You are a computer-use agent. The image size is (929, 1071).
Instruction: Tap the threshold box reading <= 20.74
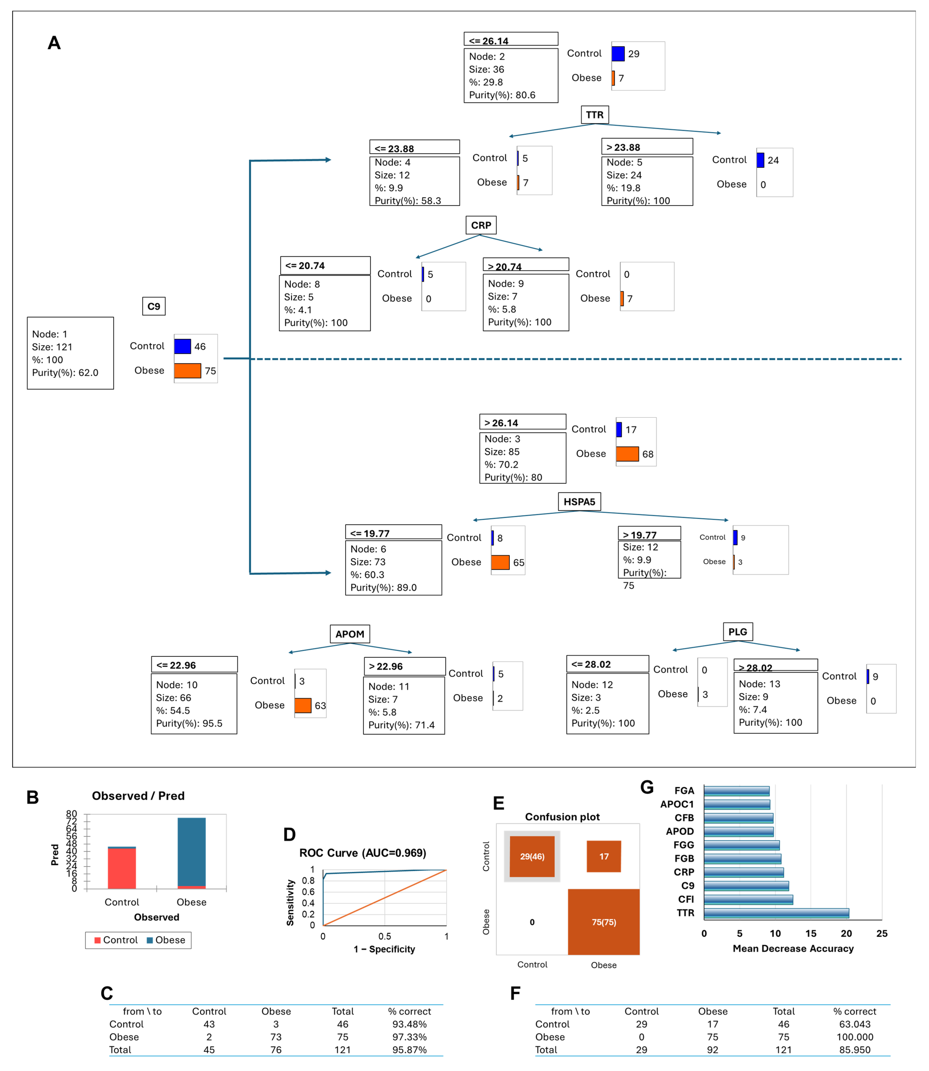(x=325, y=265)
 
